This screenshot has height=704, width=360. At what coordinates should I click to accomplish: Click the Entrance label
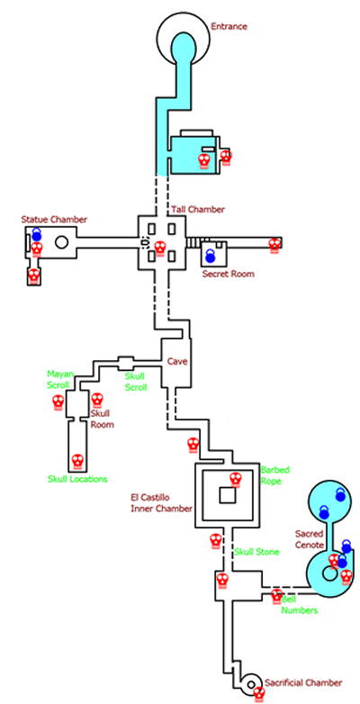tap(229, 26)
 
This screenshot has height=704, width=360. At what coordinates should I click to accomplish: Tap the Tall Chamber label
tap(197, 209)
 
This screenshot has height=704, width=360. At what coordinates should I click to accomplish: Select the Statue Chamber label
tap(54, 220)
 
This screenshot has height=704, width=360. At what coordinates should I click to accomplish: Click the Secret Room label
tap(228, 274)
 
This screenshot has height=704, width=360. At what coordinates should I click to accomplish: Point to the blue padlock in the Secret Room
tap(210, 256)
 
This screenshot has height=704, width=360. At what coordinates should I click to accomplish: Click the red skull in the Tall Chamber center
tap(159, 247)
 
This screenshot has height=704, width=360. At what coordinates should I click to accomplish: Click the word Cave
tap(177, 361)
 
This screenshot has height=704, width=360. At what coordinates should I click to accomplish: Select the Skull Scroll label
tap(135, 382)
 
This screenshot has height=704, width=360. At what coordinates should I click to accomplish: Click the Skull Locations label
tap(77, 479)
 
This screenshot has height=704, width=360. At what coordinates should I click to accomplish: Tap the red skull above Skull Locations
tap(77, 461)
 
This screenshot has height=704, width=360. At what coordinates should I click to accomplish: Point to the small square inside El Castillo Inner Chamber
tap(227, 495)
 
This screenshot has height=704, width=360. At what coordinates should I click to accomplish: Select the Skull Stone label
tap(256, 552)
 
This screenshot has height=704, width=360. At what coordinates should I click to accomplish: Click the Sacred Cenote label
tap(310, 539)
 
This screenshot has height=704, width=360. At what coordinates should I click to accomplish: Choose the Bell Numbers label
tap(300, 605)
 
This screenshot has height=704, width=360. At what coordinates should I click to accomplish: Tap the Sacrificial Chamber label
tap(303, 683)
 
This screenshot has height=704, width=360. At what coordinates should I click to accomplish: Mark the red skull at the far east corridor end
tap(274, 246)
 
